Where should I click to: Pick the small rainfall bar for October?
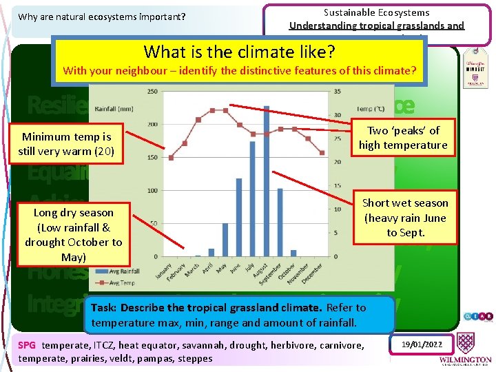[x=293, y=253]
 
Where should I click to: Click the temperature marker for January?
[x=171, y=158]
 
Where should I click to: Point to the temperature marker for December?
[x=322, y=153]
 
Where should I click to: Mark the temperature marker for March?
[x=198, y=119]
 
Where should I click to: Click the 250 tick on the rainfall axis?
[x=152, y=92]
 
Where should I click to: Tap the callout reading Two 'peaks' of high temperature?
[x=403, y=138]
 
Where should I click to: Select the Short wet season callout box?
[x=405, y=218]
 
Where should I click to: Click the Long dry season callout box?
[x=74, y=235]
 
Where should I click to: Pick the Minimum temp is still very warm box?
[x=66, y=144]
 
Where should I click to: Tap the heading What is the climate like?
[x=239, y=52]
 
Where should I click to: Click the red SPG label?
[x=27, y=345]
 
